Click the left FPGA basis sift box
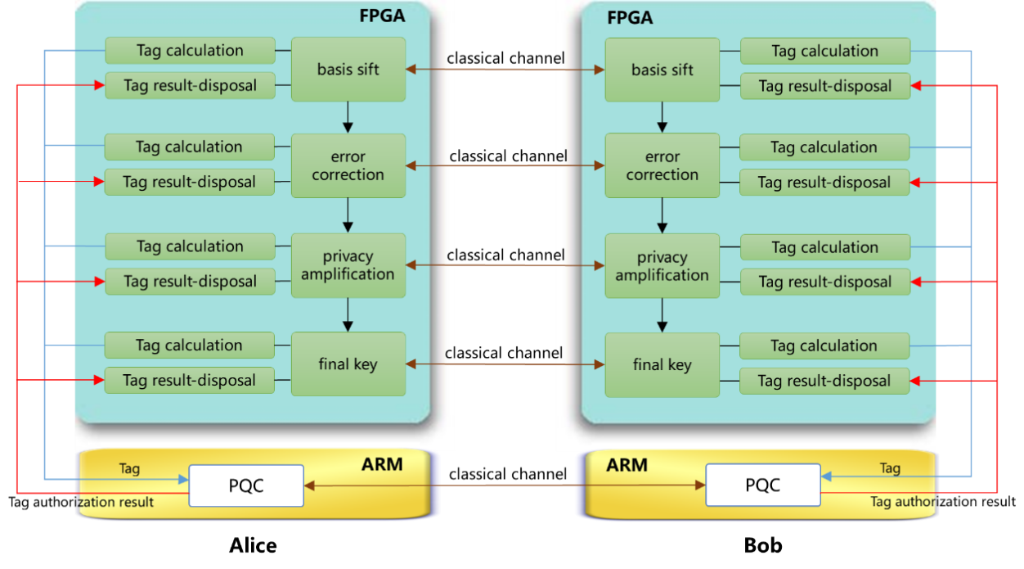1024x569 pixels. (x=348, y=70)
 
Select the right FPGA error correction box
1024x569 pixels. (x=662, y=165)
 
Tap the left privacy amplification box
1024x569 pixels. (x=348, y=265)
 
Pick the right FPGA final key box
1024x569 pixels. (x=662, y=365)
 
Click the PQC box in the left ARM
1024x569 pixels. (x=245, y=485)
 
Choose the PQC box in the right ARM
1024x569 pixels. (x=762, y=485)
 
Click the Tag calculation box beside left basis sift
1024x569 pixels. (x=190, y=51)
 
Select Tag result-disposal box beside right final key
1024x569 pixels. (x=824, y=381)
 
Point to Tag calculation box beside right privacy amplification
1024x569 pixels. (x=824, y=247)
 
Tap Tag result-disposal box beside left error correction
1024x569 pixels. (x=189, y=182)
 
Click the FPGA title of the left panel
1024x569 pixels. (x=382, y=16)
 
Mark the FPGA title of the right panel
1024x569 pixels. (x=630, y=17)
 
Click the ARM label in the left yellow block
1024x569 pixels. (x=382, y=464)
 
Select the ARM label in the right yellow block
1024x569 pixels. (x=627, y=465)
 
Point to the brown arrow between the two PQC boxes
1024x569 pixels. (x=504, y=485)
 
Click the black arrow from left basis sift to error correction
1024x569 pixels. (x=348, y=117)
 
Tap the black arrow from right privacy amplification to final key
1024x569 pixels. (x=662, y=316)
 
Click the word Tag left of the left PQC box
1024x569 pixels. (x=129, y=469)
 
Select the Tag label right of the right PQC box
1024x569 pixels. (x=890, y=468)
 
